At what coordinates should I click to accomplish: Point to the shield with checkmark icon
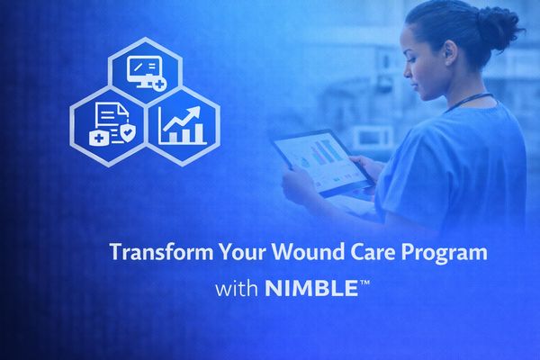(x=128, y=135)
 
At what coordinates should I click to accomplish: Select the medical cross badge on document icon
(x=96, y=137)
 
